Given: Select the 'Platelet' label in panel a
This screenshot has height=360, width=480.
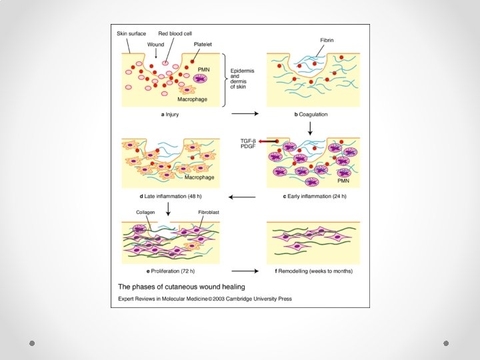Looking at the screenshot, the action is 203,43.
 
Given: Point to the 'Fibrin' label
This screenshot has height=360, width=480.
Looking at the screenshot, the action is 327,40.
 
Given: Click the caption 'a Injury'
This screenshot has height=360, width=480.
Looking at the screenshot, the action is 171,115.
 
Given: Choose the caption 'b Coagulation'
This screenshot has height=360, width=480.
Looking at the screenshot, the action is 311,115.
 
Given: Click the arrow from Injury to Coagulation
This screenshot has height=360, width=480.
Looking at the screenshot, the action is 245,114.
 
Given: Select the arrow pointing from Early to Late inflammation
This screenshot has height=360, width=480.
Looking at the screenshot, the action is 242,197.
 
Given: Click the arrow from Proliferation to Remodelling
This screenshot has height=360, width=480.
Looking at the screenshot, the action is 245,271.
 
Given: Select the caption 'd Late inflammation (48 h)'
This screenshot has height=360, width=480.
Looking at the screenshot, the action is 170,197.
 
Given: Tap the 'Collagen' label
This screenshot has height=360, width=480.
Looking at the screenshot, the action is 146,213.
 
